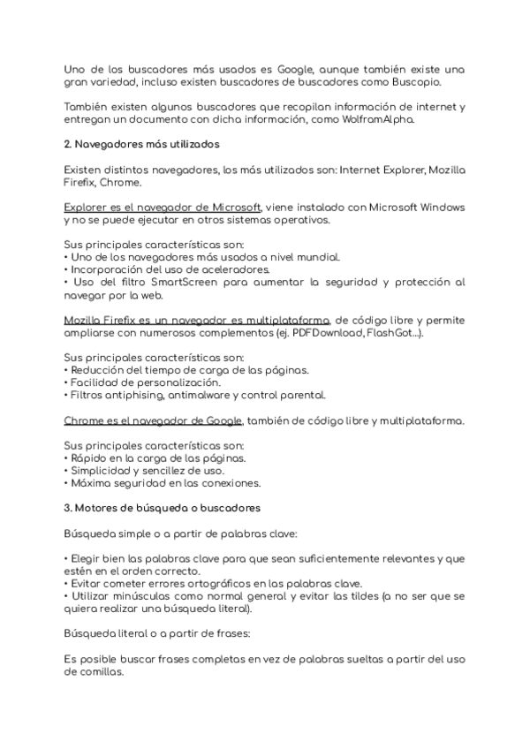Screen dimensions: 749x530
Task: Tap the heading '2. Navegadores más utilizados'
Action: (x=142, y=143)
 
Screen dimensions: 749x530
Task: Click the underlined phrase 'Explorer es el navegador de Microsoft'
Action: (x=163, y=207)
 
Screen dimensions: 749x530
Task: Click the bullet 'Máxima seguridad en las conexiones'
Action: (x=163, y=484)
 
